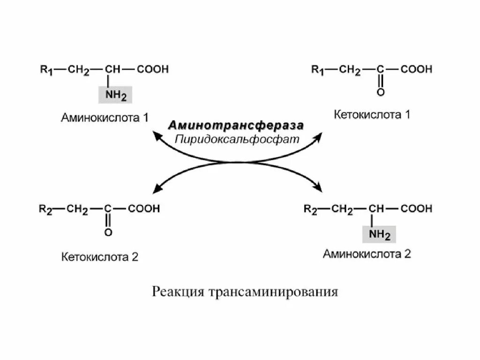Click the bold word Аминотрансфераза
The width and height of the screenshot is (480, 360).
pos(236,126)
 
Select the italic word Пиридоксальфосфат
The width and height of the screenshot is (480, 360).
pos(237,139)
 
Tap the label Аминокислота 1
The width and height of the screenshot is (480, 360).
pos(105,117)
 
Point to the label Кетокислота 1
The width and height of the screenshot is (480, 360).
pos(372,114)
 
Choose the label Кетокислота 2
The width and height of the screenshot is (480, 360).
pos(99,257)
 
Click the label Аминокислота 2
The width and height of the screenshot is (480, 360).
pos(367,254)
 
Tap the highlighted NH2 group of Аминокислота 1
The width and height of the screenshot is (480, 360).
pos(115,95)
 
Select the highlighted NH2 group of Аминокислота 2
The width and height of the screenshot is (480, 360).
pos(379,234)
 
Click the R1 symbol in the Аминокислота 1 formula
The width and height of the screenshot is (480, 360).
pos(46,70)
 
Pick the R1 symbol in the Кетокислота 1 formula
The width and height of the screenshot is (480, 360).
pos(318,70)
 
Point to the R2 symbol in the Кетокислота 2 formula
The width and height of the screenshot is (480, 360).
pos(45,210)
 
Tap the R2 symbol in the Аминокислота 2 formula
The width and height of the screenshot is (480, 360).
pos(310,210)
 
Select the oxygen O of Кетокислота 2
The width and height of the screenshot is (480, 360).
pos(108,232)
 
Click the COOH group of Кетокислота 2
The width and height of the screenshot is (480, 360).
pos(144,209)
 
